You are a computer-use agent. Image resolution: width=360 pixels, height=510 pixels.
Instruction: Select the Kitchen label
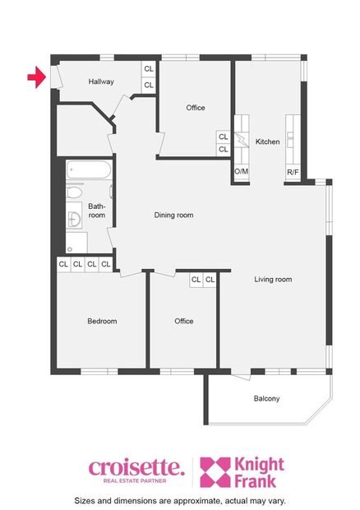268,142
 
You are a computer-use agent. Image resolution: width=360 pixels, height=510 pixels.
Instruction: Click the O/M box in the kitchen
242,172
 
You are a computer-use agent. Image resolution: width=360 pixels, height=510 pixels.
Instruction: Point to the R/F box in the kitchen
293,172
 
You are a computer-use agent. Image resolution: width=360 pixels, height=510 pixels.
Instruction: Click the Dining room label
174,216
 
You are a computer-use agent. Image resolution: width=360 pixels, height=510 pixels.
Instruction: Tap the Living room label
273,280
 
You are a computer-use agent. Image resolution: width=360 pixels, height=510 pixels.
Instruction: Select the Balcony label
266,399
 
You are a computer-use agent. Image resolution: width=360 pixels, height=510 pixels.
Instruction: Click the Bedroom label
102,321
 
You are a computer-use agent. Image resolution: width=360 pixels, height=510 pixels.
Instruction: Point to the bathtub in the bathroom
86,171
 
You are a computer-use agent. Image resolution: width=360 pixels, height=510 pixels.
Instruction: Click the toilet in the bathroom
74,193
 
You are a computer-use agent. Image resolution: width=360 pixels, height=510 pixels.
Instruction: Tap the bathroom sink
74,218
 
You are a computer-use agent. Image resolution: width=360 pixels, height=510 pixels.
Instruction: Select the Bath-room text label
97,211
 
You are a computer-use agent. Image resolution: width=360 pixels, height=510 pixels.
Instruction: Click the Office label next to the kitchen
195,108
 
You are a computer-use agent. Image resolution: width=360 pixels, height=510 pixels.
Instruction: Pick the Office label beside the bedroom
183,321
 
